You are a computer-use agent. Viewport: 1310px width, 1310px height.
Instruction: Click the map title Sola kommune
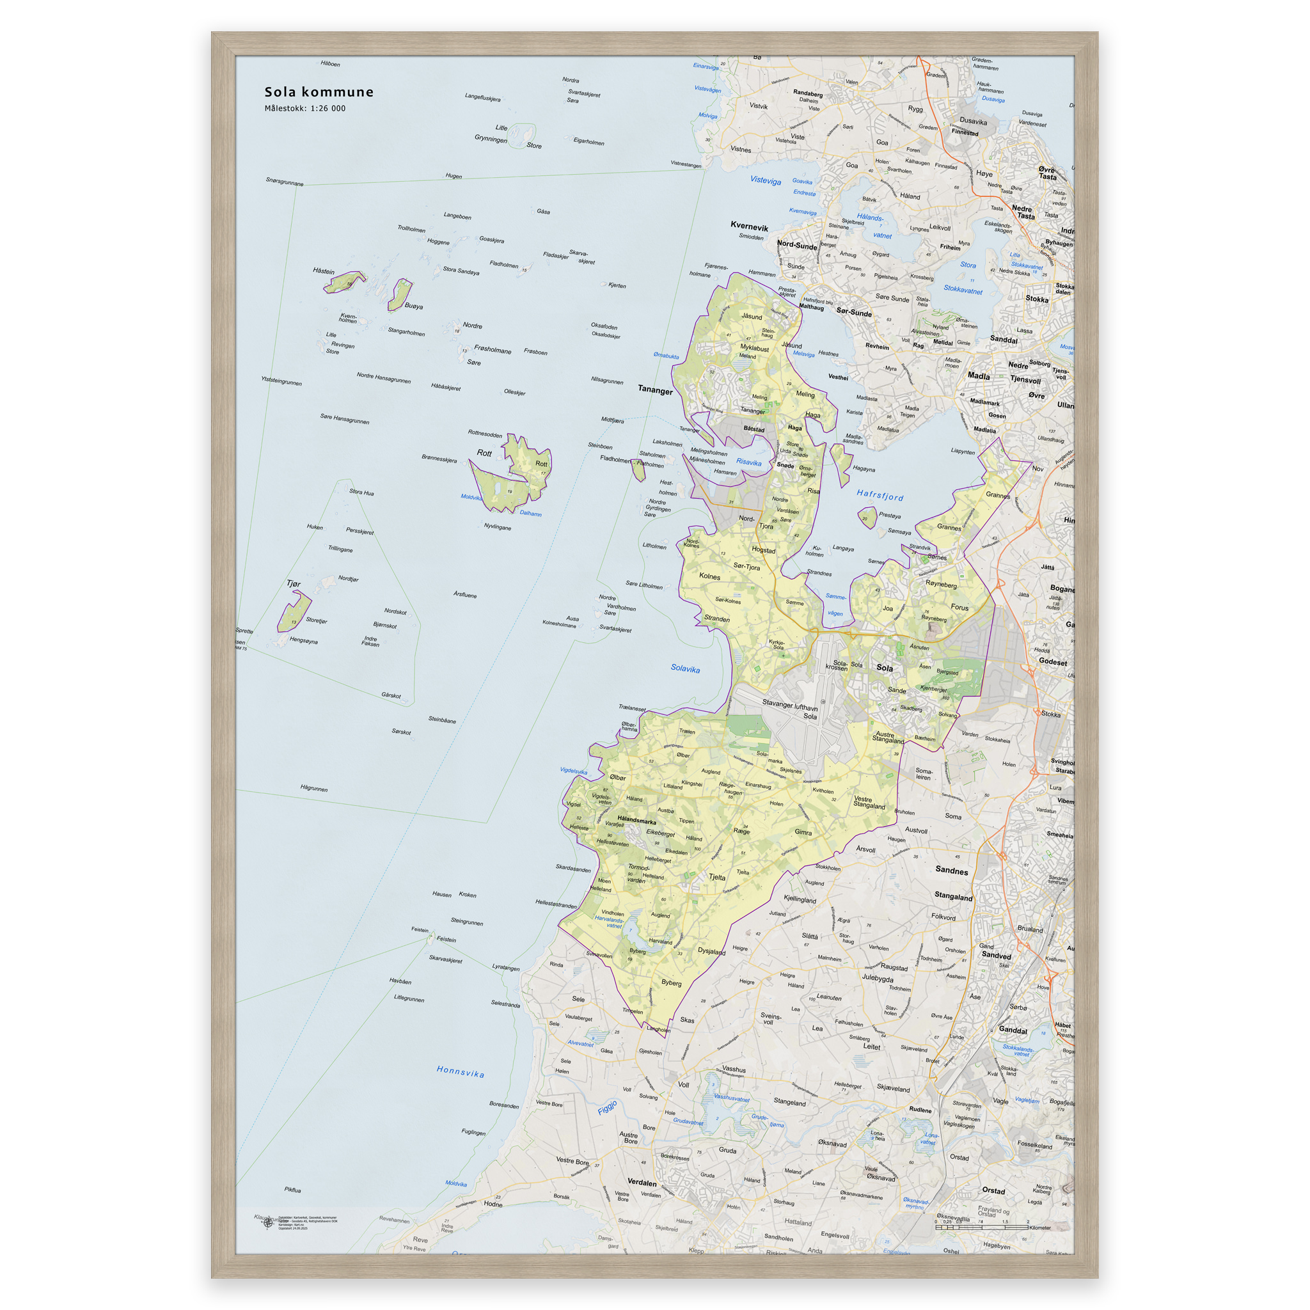click(319, 92)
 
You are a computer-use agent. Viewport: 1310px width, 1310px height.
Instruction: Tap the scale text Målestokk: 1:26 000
click(305, 109)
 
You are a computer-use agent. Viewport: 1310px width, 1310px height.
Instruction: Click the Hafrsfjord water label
click(880, 496)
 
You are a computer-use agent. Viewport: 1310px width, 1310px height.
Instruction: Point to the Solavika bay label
click(685, 668)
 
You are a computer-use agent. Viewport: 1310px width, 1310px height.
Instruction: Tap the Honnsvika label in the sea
click(461, 1072)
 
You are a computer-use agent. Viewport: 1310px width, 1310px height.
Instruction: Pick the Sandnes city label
click(951, 871)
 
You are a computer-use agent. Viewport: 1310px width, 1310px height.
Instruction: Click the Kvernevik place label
click(749, 226)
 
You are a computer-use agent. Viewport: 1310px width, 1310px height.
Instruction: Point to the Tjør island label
click(293, 584)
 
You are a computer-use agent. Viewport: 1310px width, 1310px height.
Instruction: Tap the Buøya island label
click(414, 306)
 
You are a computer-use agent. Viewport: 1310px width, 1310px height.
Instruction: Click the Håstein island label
click(324, 271)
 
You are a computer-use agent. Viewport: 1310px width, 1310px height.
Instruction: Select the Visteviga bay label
click(766, 180)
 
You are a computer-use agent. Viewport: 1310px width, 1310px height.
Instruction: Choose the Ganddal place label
click(1013, 1030)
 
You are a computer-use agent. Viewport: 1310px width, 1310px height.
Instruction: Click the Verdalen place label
click(642, 1182)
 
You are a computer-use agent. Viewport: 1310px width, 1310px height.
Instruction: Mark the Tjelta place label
click(716, 877)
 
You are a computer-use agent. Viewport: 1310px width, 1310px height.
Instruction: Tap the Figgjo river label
click(608, 1107)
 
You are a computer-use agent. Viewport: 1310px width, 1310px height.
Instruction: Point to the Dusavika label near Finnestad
click(973, 122)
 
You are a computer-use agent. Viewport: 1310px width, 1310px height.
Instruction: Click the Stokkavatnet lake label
click(963, 290)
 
